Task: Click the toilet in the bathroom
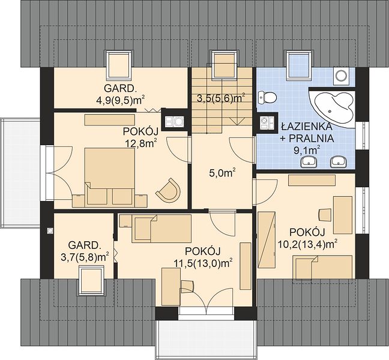point(267,97)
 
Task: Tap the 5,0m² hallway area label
point(222,173)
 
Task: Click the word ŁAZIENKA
point(307,126)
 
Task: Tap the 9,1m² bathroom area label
point(307,151)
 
